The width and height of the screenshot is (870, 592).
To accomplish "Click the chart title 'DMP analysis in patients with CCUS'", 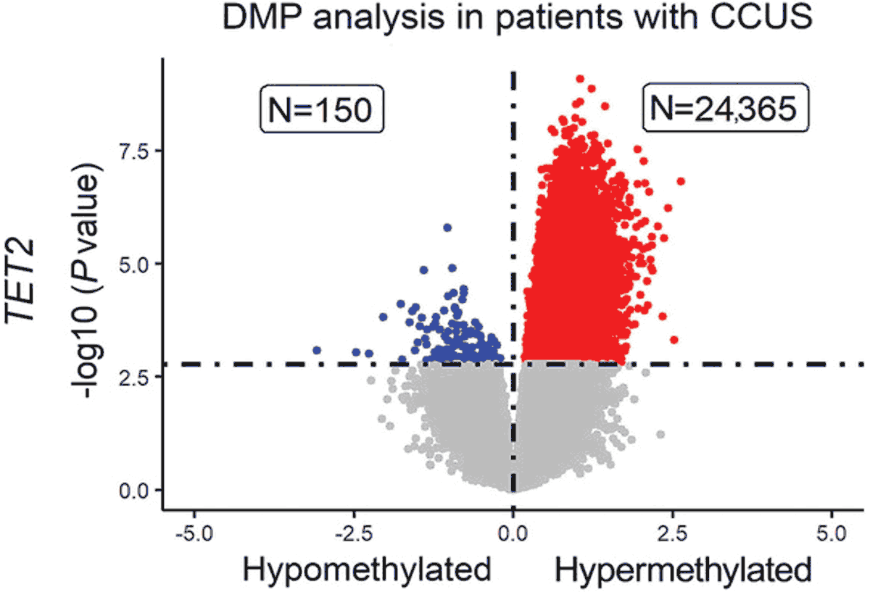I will (518, 21).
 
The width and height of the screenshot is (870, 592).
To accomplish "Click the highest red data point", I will (580, 78).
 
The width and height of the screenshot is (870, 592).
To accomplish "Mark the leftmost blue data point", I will (317, 350).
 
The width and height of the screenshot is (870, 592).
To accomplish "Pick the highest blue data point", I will (447, 228).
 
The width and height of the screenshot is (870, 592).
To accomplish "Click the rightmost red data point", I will (680, 181).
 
